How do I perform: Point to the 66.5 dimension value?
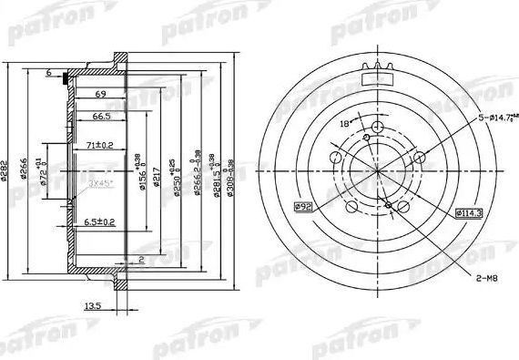(x=100, y=117)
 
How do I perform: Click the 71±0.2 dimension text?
(x=100, y=144)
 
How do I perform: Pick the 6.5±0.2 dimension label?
(x=100, y=222)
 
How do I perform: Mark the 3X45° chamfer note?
(x=100, y=183)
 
